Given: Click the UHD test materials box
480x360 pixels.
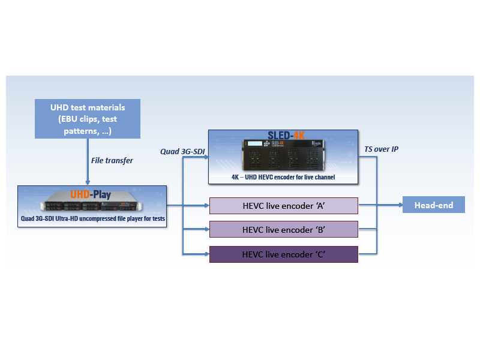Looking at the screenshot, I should [88, 119].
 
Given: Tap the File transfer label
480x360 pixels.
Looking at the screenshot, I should [113, 160].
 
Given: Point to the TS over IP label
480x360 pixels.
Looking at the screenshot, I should [381, 149].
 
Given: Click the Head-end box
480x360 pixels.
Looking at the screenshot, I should [433, 205].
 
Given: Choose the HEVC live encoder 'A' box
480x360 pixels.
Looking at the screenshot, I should [283, 205].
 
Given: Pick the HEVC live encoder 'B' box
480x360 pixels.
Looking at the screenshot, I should [283, 230].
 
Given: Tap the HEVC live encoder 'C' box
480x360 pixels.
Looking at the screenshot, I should [283, 254].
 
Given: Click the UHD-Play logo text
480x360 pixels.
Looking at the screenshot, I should [91, 194].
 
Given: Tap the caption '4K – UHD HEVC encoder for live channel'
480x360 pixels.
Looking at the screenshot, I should [283, 178].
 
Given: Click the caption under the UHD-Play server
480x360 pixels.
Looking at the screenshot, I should [92, 218].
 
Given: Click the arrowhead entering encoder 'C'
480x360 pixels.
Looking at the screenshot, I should [206, 254].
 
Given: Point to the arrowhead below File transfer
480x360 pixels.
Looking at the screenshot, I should [88, 182].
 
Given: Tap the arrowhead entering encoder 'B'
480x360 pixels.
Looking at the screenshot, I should [206, 230].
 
